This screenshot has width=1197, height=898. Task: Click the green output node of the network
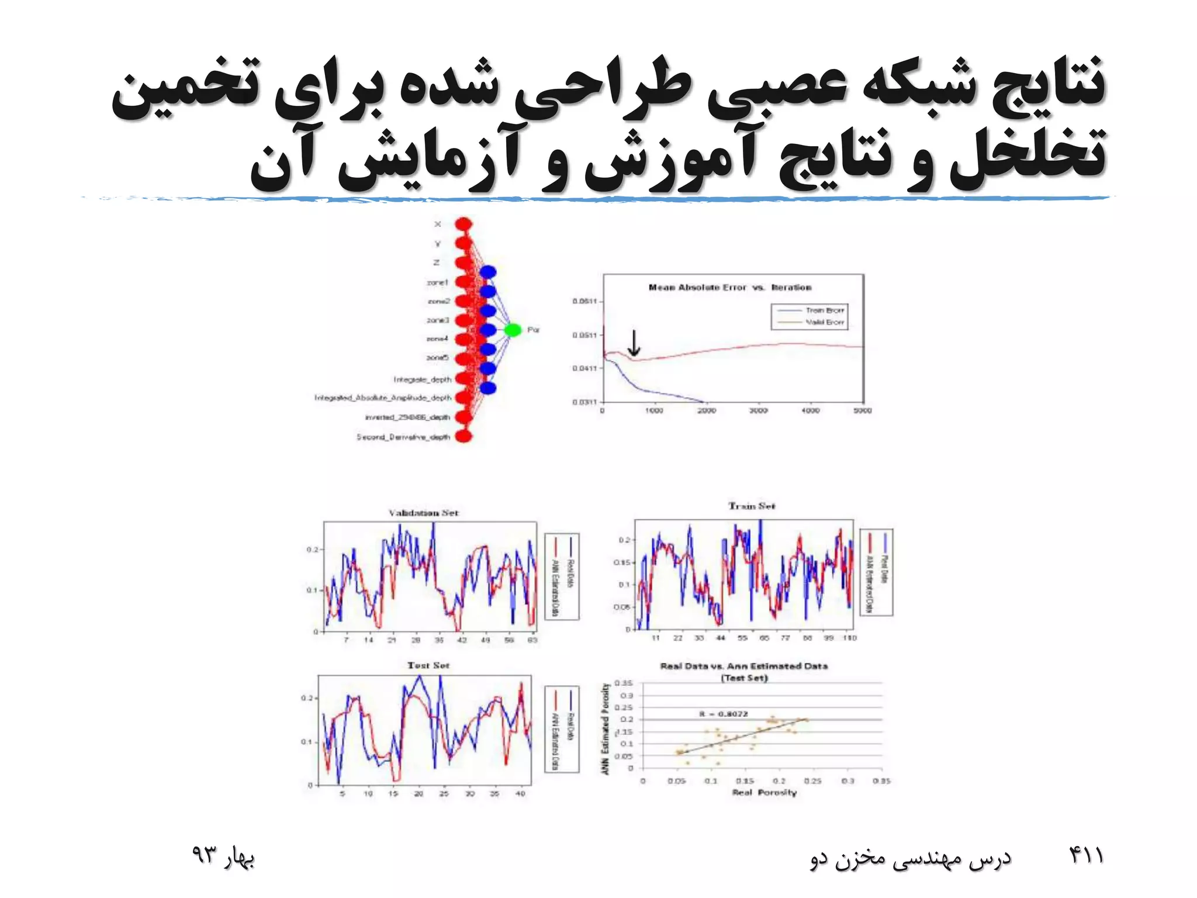pos(513,330)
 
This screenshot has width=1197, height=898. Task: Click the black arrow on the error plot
pos(634,344)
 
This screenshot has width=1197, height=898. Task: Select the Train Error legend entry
pos(824,310)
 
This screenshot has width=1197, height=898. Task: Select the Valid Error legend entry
pos(824,322)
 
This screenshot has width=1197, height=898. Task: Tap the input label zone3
pos(438,320)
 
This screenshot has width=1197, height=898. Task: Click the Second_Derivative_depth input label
pos(403,437)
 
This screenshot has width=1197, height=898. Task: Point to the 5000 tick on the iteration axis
pos(862,411)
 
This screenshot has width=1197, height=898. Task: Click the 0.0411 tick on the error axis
pos(584,368)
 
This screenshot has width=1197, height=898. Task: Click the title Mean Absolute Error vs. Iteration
pos(730,288)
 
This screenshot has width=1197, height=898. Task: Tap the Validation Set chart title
pos(424,513)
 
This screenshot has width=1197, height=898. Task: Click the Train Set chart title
pos(752,506)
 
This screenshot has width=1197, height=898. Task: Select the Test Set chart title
pos(428,666)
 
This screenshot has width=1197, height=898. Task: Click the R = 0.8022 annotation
pos(724,714)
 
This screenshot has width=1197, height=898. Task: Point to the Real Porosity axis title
pos(764,793)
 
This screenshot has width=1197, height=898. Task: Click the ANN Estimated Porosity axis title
pos(606,729)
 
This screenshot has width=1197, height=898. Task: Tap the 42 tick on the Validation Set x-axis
pos(462,640)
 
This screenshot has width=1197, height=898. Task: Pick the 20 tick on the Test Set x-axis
pos(418,794)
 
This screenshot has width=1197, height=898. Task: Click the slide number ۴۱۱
pos(1086,856)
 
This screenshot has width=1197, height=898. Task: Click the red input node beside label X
pos(463,224)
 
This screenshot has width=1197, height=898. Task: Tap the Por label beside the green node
pos(534,330)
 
